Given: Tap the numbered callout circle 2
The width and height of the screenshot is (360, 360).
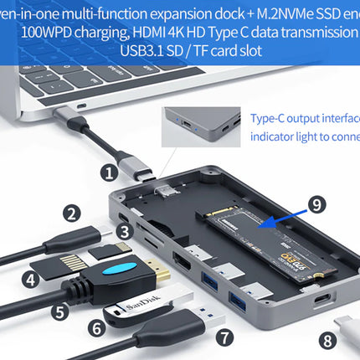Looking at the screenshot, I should pos(74,213).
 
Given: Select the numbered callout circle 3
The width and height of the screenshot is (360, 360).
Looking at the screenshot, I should pos(124,231).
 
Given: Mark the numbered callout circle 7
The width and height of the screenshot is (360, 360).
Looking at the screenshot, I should pos(224,337).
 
